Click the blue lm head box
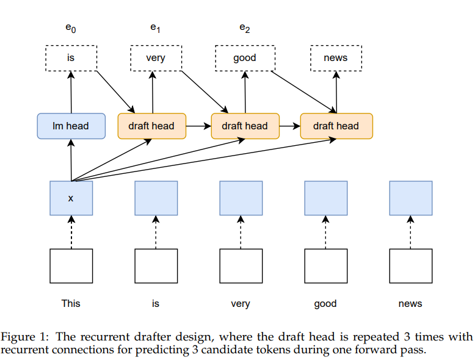click(x=71, y=126)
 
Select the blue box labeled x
click(x=71, y=198)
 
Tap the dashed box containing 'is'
click(x=71, y=58)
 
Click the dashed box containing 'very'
click(x=155, y=58)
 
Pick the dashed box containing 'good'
click(x=245, y=58)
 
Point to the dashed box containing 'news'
click(x=336, y=58)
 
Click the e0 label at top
click(x=70, y=28)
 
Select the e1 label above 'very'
click(x=155, y=27)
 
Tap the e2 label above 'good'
click(x=244, y=27)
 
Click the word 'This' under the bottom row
click(x=71, y=303)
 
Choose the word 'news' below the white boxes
click(x=410, y=303)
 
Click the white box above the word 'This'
click(x=71, y=266)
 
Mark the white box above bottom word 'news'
click(x=410, y=266)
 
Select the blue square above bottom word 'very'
click(x=241, y=198)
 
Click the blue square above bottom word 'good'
click(x=325, y=198)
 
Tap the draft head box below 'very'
click(x=151, y=126)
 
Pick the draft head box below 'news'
click(x=336, y=126)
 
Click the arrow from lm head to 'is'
click(x=71, y=92)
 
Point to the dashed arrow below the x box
click(x=71, y=232)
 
